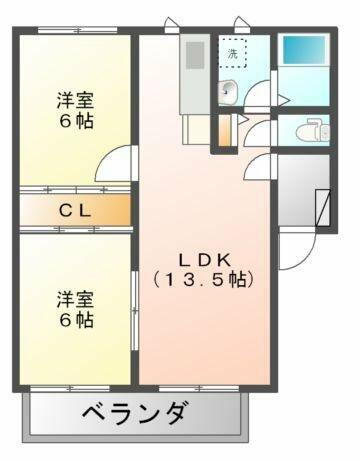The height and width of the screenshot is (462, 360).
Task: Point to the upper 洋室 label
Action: (74, 100)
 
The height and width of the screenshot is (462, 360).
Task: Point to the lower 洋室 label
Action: (74, 299)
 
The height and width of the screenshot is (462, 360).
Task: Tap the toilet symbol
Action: (309, 131)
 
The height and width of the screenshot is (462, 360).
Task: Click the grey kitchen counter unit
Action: (193, 74)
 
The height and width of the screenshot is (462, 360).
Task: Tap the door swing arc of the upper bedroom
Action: (121, 163)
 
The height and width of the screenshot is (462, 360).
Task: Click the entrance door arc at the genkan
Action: (292, 251)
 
